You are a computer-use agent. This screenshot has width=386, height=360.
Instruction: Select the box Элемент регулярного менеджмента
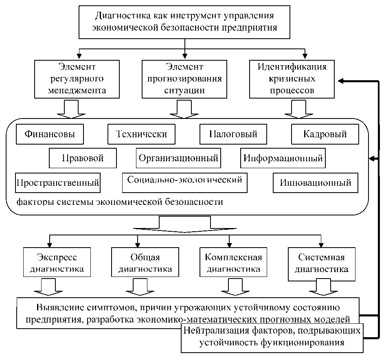[77, 79]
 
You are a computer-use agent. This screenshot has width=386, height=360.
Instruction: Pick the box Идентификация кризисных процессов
[292, 79]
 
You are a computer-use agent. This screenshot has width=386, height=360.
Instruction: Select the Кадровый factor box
[325, 134]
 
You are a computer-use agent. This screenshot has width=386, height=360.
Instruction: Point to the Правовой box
[83, 158]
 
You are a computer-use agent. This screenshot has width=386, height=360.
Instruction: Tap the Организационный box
[178, 158]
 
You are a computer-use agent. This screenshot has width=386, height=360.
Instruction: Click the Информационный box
[283, 158]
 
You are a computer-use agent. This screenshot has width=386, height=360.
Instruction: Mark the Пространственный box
[58, 183]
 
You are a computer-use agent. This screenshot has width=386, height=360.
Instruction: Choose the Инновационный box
[316, 183]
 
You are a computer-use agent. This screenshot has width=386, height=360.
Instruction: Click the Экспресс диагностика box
[57, 263]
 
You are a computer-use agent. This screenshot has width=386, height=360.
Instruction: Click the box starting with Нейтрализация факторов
[272, 337]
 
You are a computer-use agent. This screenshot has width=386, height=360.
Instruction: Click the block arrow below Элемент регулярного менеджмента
[72, 109]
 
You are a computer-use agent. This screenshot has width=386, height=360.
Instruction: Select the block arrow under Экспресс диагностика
[48, 287]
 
